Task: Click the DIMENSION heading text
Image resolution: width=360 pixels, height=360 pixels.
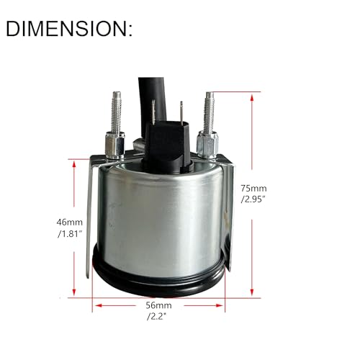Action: [x=69, y=29]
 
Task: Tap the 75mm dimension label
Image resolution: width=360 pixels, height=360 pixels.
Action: [x=253, y=189]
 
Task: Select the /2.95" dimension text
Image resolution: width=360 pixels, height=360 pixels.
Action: [x=253, y=199]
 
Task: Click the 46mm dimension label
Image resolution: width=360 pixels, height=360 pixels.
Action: [x=70, y=222]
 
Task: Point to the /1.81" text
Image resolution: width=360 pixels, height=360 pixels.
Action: [x=70, y=234]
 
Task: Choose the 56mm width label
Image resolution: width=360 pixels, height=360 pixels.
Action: [x=158, y=305]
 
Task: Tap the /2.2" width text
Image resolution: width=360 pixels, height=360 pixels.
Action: [x=157, y=317]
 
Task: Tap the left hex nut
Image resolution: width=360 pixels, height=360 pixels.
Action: [x=114, y=145]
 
